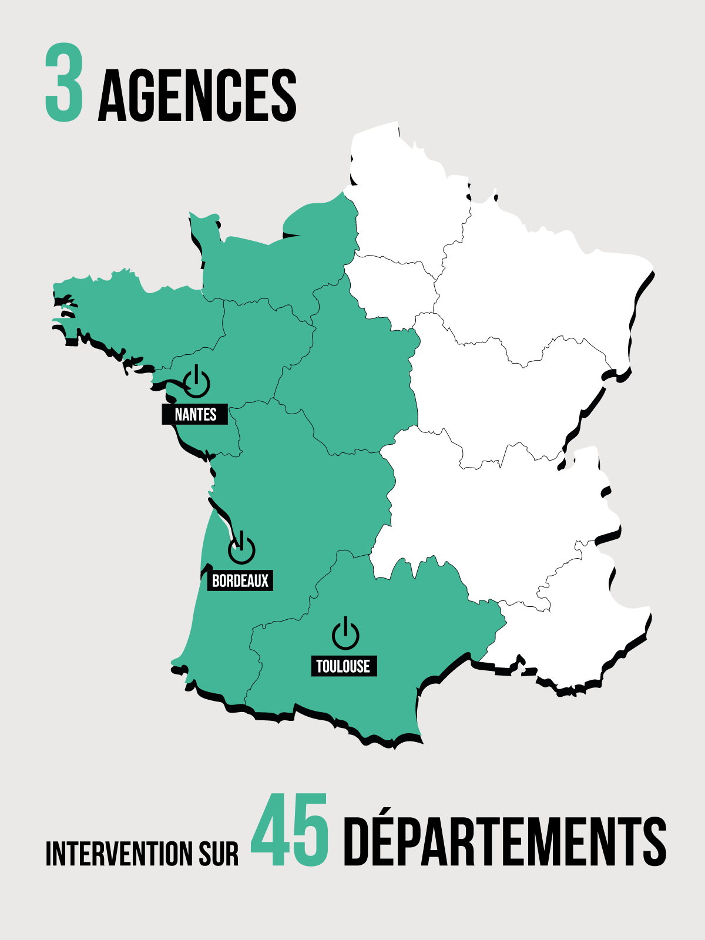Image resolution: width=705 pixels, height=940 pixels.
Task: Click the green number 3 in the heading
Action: (x=64, y=83)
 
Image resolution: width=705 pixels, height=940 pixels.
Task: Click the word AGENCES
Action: (x=197, y=96)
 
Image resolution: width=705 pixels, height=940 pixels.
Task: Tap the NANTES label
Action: (x=195, y=414)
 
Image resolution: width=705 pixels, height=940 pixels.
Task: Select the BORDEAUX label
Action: (x=240, y=580)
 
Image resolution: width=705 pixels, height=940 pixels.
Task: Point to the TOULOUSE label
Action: (x=343, y=666)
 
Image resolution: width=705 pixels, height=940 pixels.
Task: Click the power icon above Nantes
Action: (x=197, y=382)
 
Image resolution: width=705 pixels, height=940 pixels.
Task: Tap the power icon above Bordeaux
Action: (x=241, y=549)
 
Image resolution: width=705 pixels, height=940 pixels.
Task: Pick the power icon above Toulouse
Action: (x=345, y=634)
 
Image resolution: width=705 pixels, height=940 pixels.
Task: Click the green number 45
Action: (x=289, y=831)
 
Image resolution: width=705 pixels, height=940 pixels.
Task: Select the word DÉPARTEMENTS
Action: (x=504, y=841)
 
